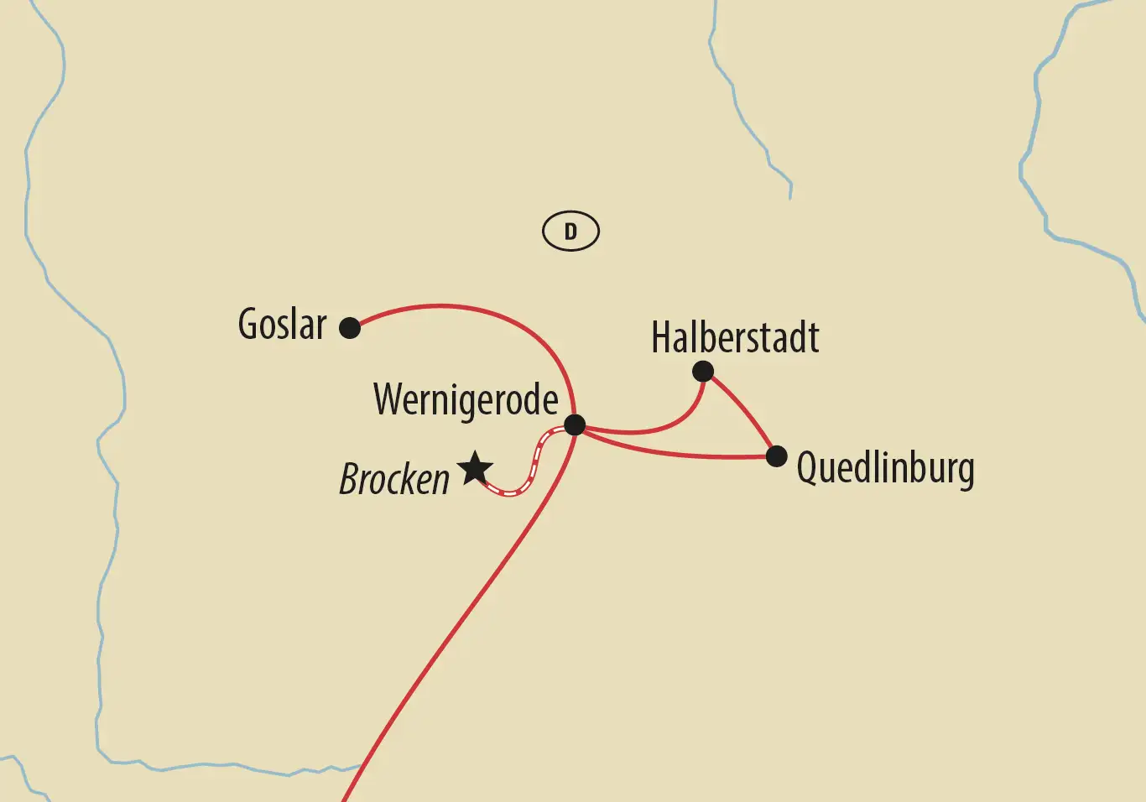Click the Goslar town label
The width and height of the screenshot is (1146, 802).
coord(282,325)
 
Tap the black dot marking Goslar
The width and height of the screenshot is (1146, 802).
coord(350,327)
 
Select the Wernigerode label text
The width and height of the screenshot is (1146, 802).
coord(466,400)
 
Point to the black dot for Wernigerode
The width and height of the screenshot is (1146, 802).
coord(575,424)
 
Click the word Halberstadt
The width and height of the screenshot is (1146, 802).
coord(735,338)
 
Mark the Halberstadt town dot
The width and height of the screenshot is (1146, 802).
coord(703,371)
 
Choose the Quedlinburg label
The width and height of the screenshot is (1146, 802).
coord(885,468)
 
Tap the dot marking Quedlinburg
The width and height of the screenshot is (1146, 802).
coord(777,456)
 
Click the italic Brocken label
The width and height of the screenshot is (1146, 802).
coord(394,480)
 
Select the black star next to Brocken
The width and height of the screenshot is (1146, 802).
coord(475,469)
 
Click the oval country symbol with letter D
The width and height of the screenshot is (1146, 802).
coord(570,232)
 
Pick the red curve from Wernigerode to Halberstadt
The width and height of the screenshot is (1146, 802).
coord(663,430)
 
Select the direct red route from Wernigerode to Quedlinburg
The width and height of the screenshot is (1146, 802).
coord(680,455)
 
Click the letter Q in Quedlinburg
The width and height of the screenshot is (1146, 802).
coord(806,468)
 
